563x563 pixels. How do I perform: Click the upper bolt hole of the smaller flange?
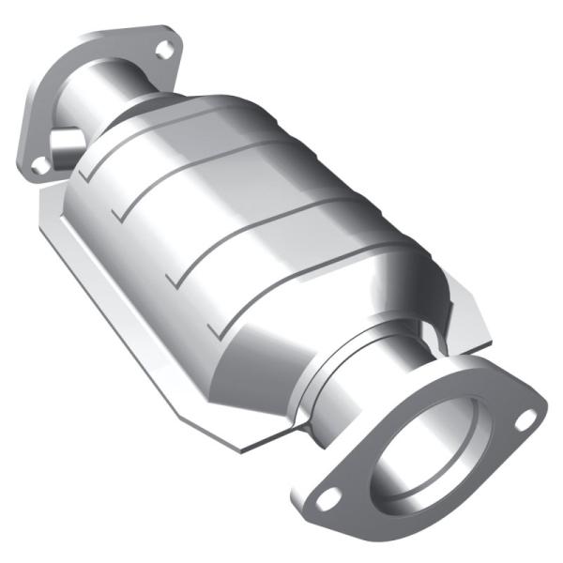[x=165, y=50]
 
